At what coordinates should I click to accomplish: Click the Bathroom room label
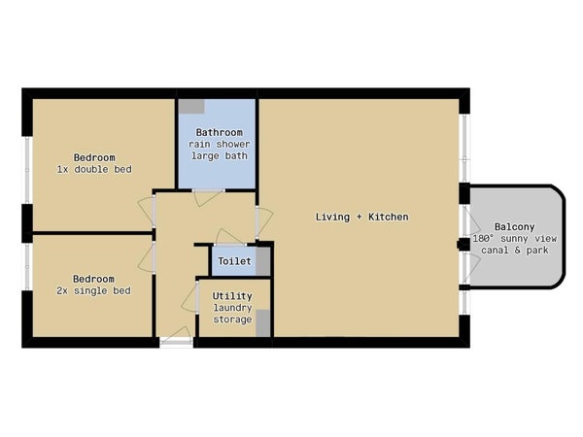point(220,132)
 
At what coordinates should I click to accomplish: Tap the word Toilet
point(234,261)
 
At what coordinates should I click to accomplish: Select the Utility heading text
point(232,296)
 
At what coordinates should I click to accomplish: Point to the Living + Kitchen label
point(361,217)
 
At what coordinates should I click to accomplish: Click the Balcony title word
point(515,226)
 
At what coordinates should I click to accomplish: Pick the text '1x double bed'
point(94,169)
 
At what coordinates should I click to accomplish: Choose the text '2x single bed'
point(93,290)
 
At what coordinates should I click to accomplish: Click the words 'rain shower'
point(220,144)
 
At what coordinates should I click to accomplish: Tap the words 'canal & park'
point(515,251)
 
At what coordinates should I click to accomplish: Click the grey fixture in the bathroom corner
point(191,106)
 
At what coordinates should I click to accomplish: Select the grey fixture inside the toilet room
point(263,261)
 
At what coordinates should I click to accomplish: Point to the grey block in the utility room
point(263,323)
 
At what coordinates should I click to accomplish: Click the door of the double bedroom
point(146,211)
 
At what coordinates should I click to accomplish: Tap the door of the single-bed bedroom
point(146,257)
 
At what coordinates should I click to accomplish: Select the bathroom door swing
point(208,198)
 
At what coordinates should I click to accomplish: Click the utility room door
point(189,298)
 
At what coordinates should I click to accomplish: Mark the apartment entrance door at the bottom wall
point(176,336)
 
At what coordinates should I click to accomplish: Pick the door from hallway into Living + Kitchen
point(264,222)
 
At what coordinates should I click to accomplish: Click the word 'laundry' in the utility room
point(233,308)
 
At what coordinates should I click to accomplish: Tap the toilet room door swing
point(229,237)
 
